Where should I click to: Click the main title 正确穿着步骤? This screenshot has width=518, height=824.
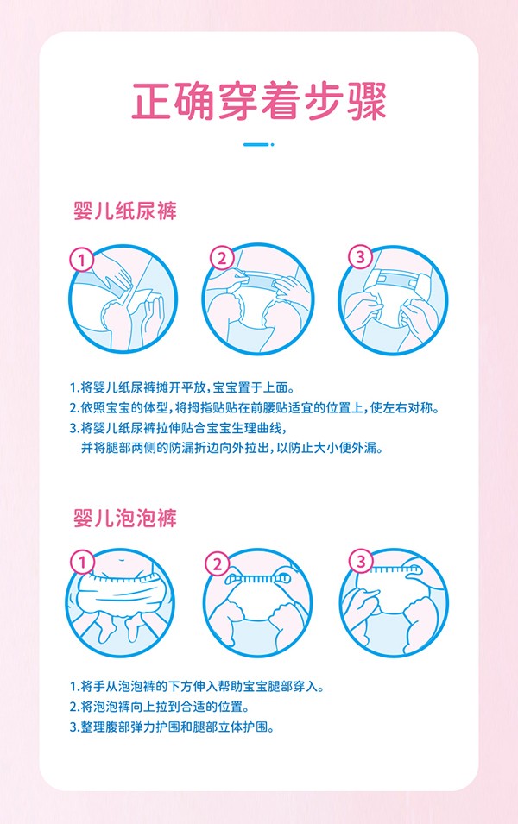[259, 101]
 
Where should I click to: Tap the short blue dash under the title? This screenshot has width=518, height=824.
[259, 144]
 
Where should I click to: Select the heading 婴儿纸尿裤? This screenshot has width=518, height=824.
[125, 211]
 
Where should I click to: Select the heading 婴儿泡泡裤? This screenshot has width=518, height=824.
[125, 518]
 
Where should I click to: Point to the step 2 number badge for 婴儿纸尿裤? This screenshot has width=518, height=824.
[222, 258]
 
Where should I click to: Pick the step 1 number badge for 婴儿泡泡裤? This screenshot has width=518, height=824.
[82, 563]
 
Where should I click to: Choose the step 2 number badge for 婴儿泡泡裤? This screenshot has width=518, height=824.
[218, 565]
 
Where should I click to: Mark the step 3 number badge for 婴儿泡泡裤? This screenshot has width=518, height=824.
[361, 563]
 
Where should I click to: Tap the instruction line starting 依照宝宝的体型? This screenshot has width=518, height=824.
[254, 407]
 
